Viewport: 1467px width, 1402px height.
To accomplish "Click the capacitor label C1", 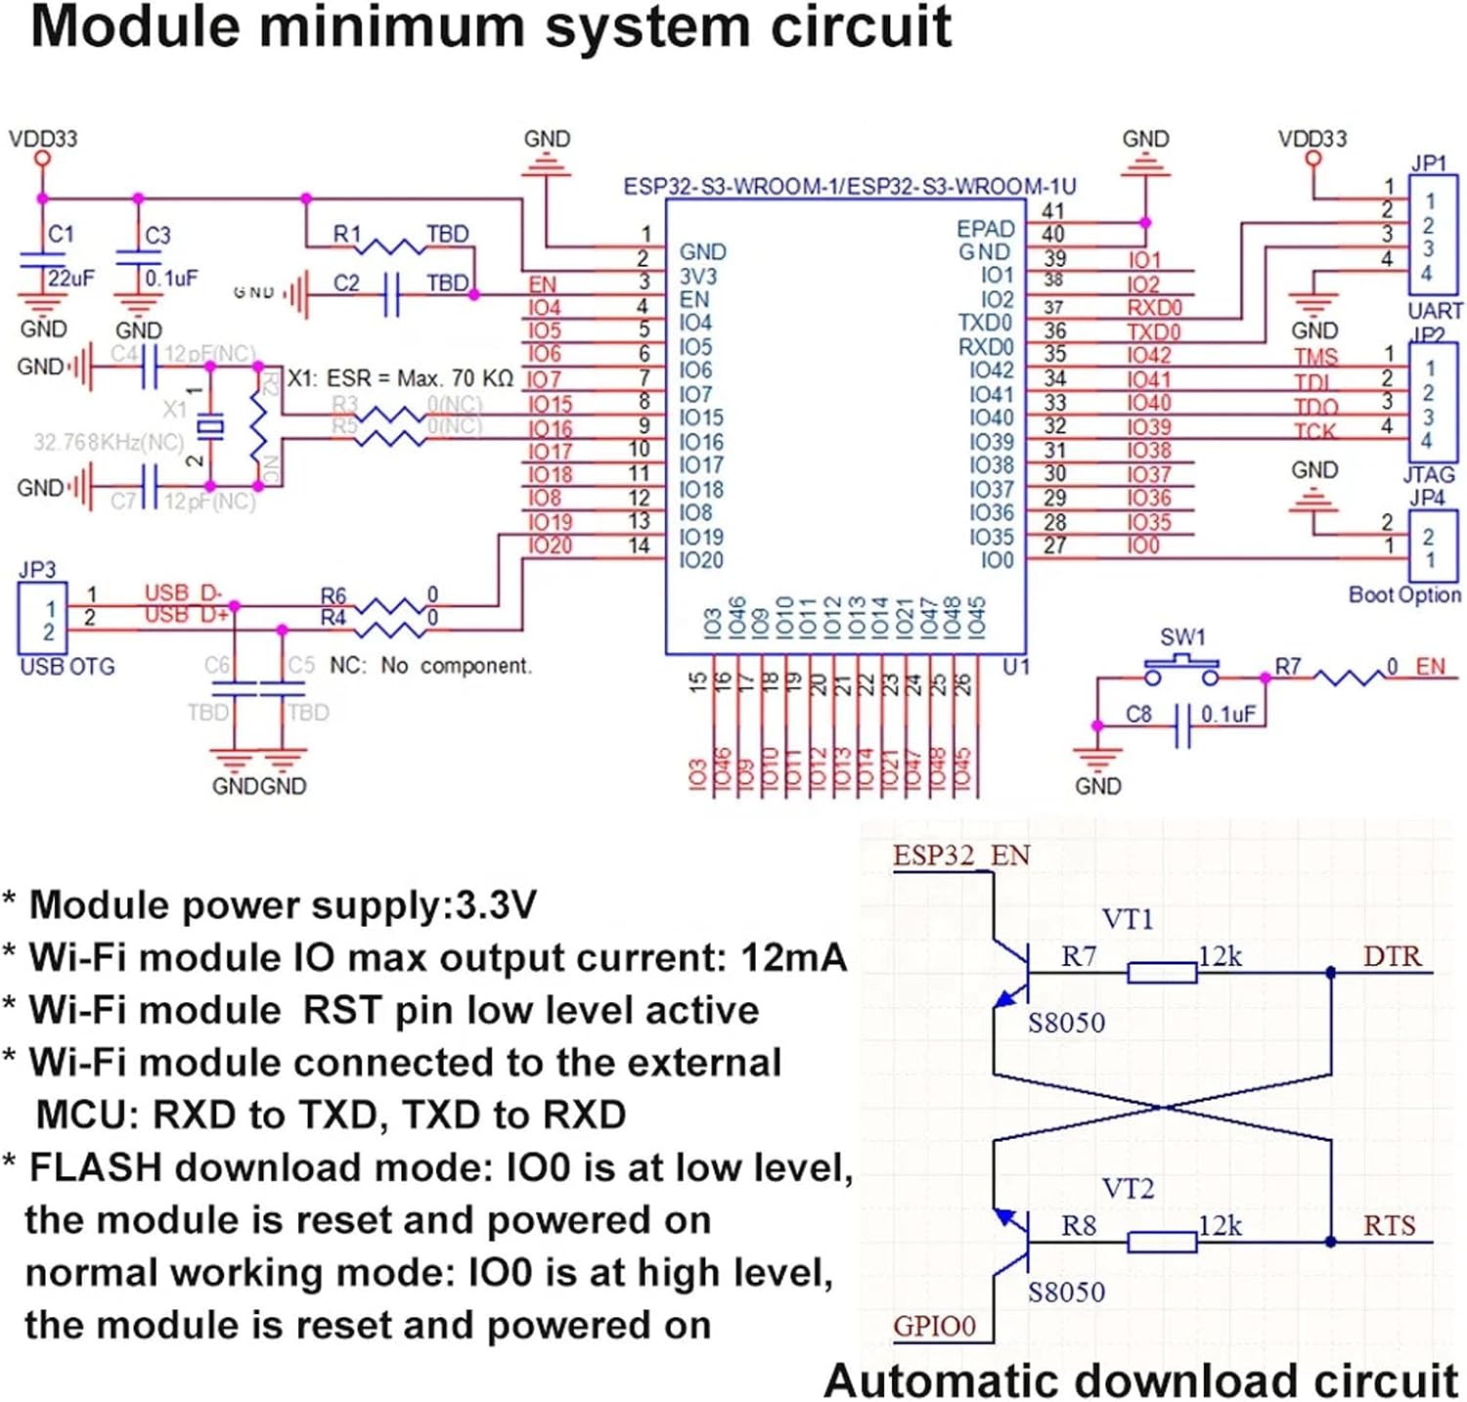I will [61, 234].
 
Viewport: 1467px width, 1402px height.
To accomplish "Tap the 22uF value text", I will [71, 279].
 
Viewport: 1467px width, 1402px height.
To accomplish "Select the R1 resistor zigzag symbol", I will [394, 245].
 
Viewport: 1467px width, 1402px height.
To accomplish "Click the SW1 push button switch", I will [1181, 674].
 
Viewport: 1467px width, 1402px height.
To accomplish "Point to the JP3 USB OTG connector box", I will [43, 618].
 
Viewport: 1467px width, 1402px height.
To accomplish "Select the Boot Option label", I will [1404, 594].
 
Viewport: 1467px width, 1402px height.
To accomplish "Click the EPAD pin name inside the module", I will [985, 228].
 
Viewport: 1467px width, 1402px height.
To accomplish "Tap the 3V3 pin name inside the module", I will [698, 276].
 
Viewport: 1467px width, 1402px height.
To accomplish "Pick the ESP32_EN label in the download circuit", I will [961, 855].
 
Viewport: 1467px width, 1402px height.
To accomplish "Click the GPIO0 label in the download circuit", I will [934, 1326].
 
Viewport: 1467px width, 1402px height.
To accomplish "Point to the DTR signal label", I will [1392, 955].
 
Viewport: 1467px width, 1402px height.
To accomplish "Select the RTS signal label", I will [1389, 1225].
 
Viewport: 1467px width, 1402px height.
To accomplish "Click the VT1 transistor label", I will [1128, 919].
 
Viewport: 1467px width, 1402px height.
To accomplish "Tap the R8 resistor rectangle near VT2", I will [1162, 1242].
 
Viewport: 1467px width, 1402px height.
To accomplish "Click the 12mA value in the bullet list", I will [793, 957].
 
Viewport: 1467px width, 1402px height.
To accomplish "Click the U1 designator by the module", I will [1016, 667].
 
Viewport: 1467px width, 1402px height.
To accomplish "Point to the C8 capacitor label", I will [1138, 714].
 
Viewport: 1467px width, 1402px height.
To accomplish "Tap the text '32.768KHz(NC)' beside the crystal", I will [109, 442].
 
